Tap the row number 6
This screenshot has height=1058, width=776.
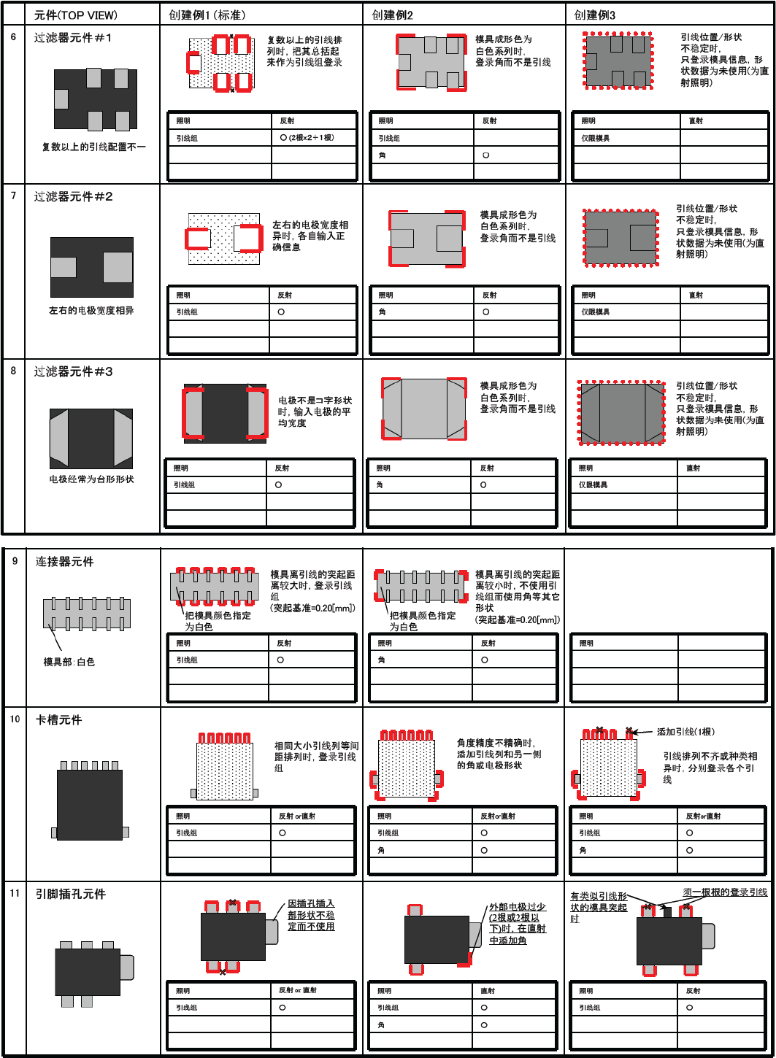pos(13,36)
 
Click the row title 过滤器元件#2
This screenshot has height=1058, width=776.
pos(74,197)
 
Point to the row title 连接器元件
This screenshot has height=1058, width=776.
pos(65,562)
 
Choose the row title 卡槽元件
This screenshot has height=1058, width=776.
pos(59,719)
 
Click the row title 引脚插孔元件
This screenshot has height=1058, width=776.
pos(71,894)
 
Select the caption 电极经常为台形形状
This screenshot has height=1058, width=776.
pos(92,479)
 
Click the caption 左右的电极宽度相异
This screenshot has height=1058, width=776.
pos(91,310)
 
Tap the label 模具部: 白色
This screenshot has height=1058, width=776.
pos(69,662)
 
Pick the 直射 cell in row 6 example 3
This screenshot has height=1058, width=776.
pos(696,121)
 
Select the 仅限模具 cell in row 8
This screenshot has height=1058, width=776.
pos(593,484)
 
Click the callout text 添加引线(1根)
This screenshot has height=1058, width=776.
pos(685,732)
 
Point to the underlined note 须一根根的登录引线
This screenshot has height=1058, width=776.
pos(725,892)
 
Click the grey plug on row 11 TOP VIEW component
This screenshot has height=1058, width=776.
pos(126,967)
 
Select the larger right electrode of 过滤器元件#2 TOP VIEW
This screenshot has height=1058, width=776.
pos(118,267)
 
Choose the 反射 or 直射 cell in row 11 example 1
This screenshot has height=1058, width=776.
pos(298,990)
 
